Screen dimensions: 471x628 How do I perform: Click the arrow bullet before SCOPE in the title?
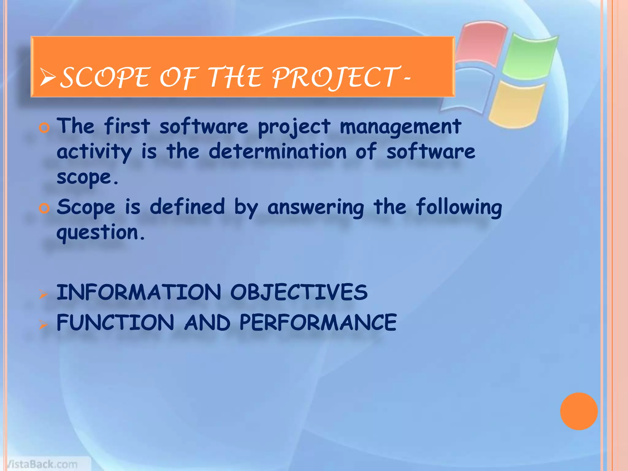click(x=48, y=77)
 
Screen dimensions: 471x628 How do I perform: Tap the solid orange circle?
click(x=579, y=411)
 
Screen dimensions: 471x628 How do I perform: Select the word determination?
click(x=277, y=151)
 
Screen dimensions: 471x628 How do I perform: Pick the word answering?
click(x=316, y=208)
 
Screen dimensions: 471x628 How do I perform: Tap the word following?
click(x=459, y=208)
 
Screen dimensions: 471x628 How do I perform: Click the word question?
click(x=98, y=233)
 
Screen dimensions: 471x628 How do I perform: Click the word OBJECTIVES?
click(x=299, y=292)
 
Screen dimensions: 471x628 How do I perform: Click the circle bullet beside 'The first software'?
click(x=44, y=128)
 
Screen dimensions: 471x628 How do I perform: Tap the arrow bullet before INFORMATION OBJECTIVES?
click(x=44, y=295)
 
